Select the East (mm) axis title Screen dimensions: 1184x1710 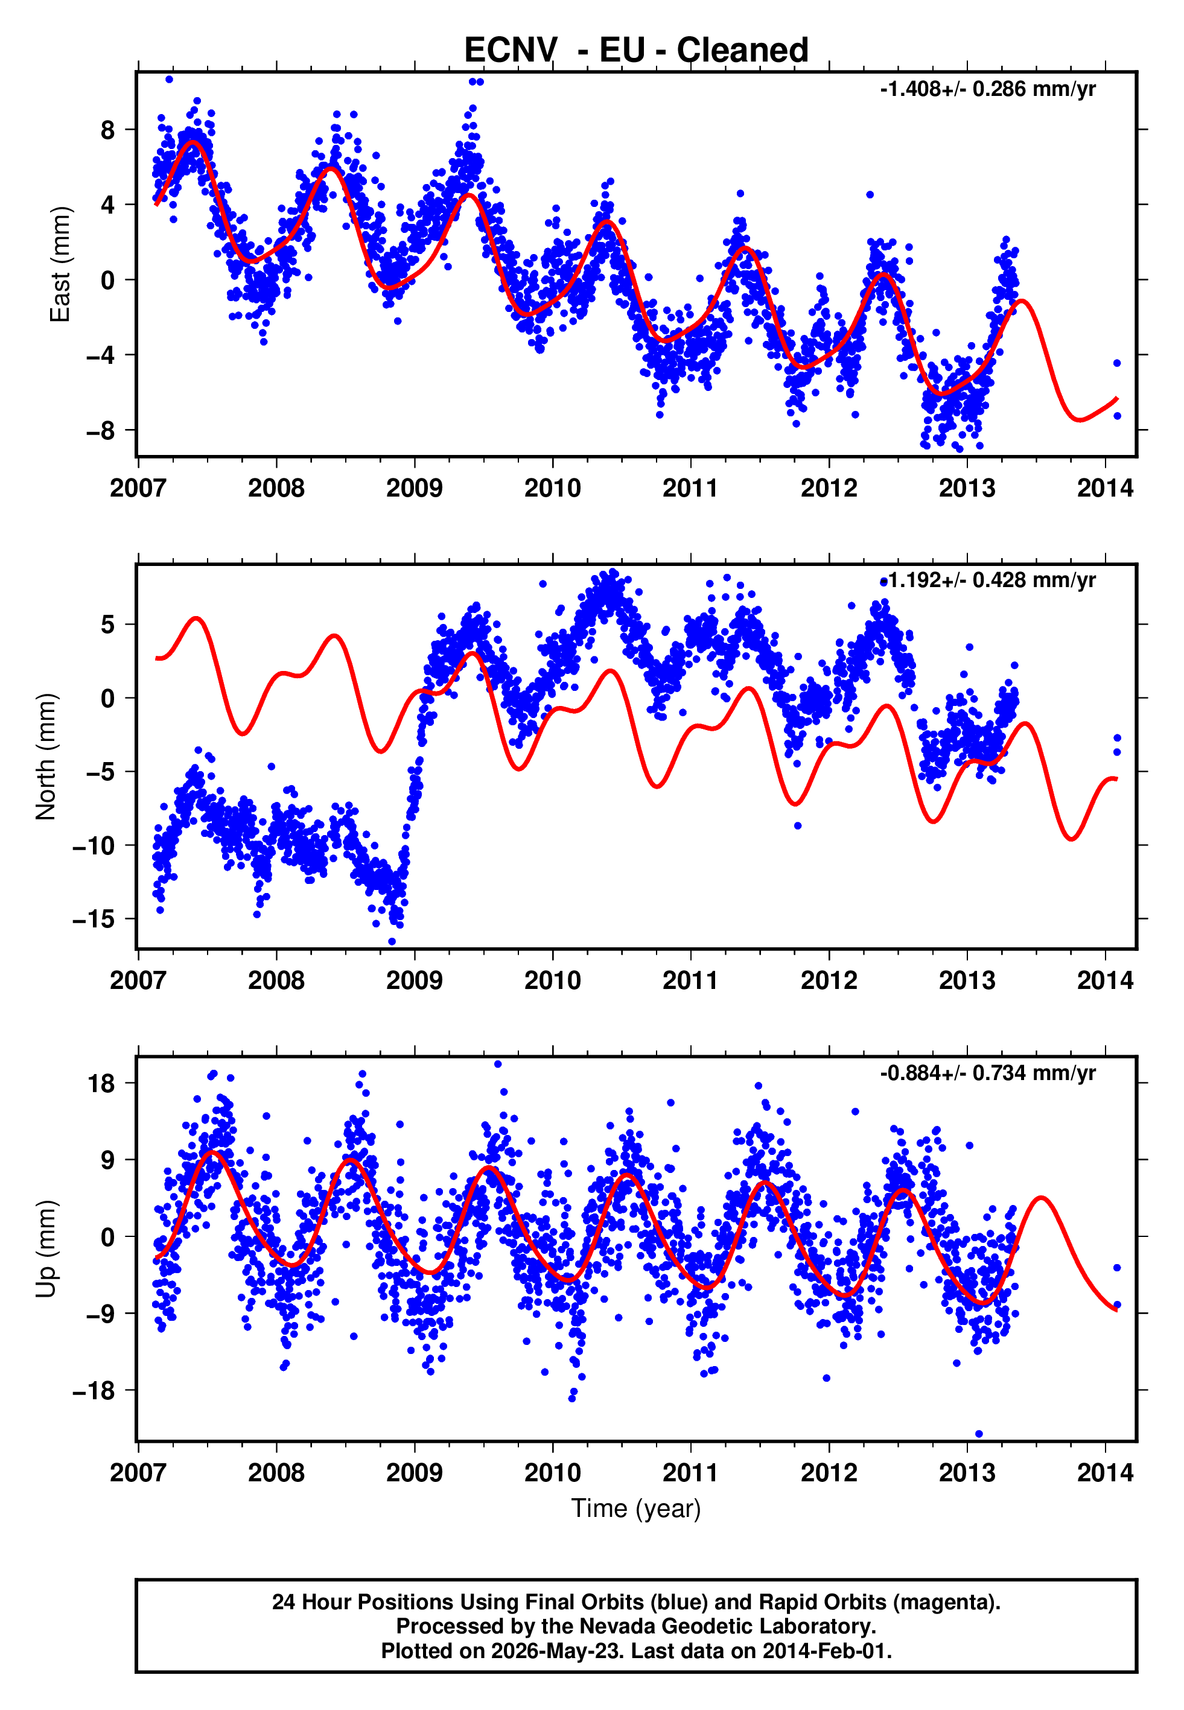(x=60, y=264)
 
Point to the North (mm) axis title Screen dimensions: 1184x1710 (x=46, y=757)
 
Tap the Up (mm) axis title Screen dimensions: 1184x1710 (x=46, y=1249)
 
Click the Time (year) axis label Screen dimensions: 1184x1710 (x=636, y=1509)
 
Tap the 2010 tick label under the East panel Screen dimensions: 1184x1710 (x=553, y=488)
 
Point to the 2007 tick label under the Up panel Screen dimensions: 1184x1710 (x=138, y=1473)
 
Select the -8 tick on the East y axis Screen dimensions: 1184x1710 (x=101, y=430)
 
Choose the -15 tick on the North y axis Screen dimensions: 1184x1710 (x=94, y=919)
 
